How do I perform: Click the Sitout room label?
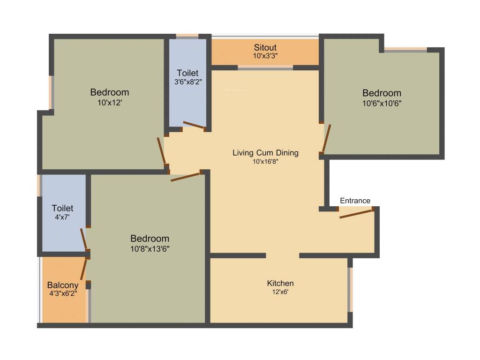265,47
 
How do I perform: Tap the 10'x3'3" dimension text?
265,56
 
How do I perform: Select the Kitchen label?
280,283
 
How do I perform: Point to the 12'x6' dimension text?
280,292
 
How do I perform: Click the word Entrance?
355,201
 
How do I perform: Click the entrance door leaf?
355,214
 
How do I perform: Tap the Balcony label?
63,285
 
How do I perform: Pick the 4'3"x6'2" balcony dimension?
63,293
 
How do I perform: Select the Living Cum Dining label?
265,153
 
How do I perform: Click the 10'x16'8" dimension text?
265,162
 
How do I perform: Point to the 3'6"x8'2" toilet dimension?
187,82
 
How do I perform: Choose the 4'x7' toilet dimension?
62,217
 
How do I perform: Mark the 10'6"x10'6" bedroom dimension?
382,103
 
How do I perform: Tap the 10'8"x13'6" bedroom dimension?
150,248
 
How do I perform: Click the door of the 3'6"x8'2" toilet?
193,125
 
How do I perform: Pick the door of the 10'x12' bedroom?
161,150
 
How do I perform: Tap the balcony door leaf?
84,270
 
